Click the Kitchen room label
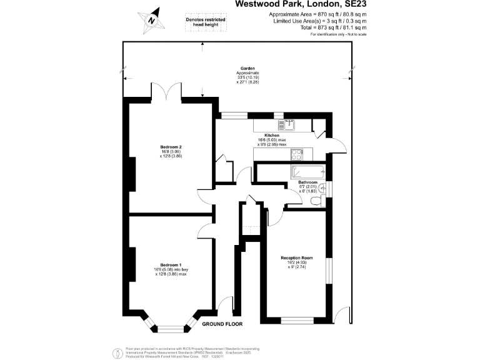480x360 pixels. pyautogui.click(x=271, y=136)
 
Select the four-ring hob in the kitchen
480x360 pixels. pyautogui.click(x=295, y=152)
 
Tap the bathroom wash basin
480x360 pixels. pyautogui.click(x=323, y=187)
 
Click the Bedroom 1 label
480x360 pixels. pyautogui.click(x=170, y=264)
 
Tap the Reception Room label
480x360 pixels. pyautogui.click(x=297, y=258)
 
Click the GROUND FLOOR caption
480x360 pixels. pyautogui.click(x=222, y=324)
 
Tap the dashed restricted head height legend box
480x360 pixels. pyautogui.click(x=206, y=23)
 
